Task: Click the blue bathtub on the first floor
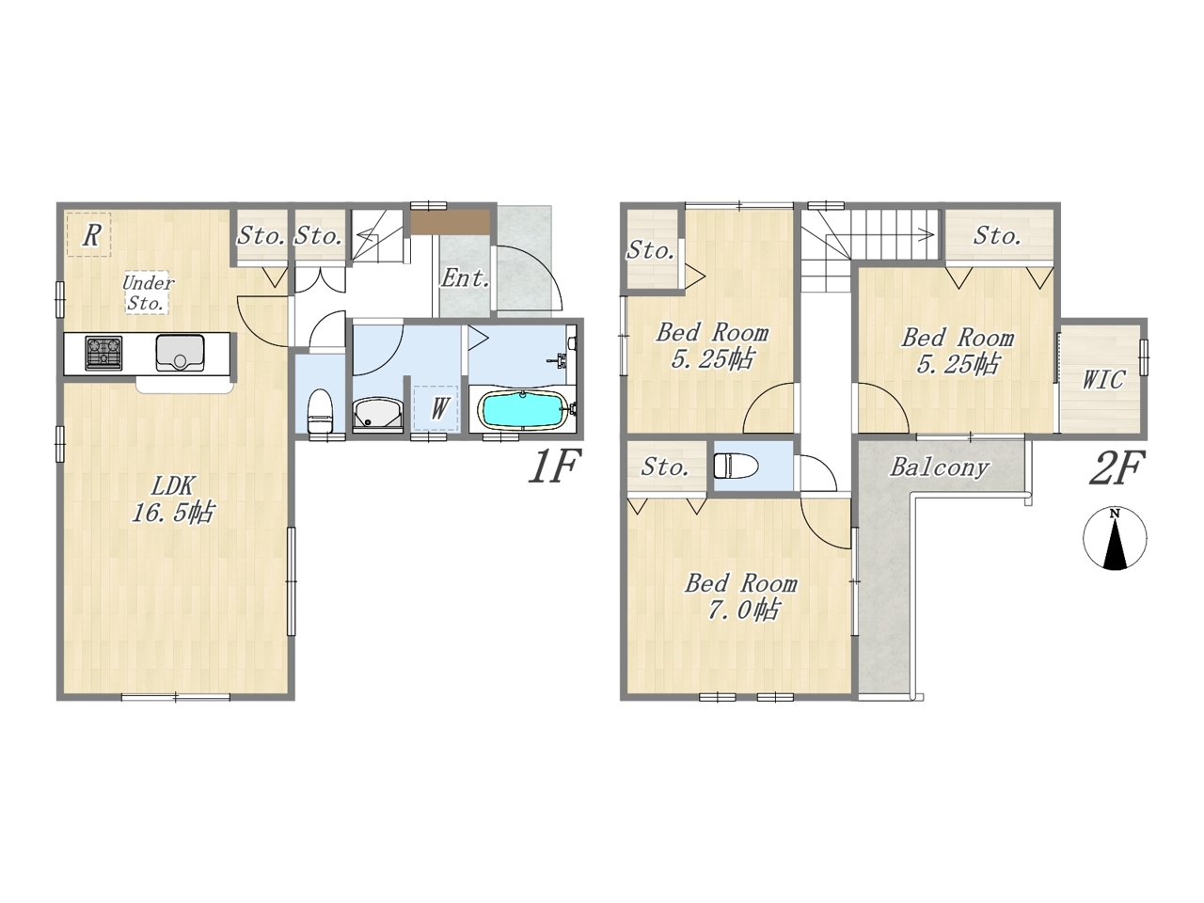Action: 522,409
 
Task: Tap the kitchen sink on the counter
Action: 180,352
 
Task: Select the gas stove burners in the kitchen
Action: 103,353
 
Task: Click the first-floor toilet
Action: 320,409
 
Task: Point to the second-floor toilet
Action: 736,467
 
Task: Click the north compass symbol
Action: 1115,538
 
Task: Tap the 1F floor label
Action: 553,467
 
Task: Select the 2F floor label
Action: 1117,468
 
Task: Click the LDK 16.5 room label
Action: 172,499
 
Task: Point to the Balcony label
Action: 940,467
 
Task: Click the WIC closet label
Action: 1103,380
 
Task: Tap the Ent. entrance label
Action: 466,278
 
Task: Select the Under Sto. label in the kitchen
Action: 147,293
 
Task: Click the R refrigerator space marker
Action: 91,235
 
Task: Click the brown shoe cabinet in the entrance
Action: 451,222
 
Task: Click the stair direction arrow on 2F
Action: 893,235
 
